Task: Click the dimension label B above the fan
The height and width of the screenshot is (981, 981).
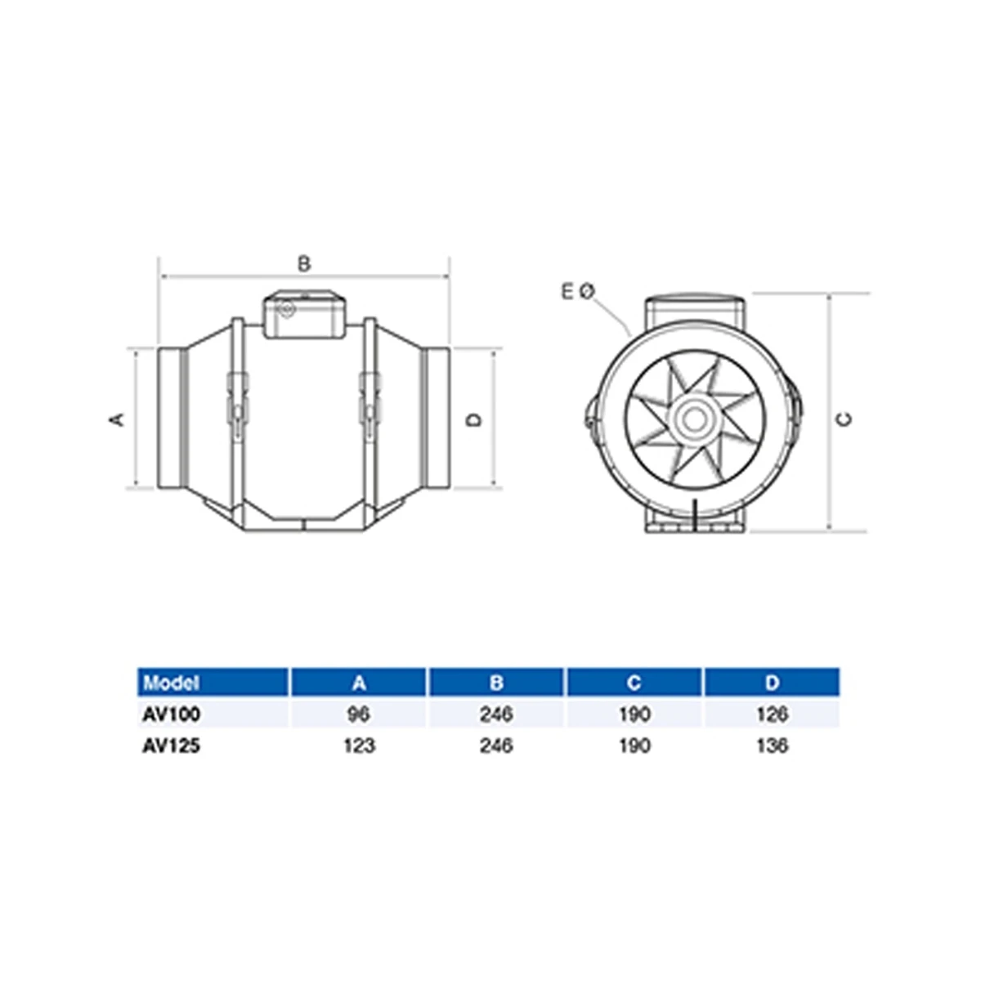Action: click(x=304, y=264)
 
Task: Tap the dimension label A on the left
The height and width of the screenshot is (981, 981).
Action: click(x=117, y=419)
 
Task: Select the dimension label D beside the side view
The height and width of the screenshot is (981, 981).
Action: click(x=474, y=419)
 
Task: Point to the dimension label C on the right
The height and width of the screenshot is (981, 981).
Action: click(x=845, y=419)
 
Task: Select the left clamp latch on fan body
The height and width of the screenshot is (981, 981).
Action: click(x=235, y=399)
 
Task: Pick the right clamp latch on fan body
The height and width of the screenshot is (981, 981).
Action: click(x=370, y=399)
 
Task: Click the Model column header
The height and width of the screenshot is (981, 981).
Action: click(x=171, y=683)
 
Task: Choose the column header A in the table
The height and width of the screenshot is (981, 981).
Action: click(x=359, y=683)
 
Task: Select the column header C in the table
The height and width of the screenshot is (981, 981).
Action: click(x=634, y=683)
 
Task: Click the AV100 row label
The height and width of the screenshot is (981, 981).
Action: click(x=171, y=714)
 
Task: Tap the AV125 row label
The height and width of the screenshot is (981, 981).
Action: click(x=171, y=746)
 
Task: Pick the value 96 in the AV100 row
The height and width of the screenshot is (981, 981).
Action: click(x=359, y=714)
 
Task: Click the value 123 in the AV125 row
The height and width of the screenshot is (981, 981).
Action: click(x=359, y=746)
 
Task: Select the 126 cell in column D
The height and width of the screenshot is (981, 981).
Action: click(x=773, y=714)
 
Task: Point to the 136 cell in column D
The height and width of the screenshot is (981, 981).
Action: click(x=773, y=746)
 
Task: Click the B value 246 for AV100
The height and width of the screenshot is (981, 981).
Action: click(x=496, y=714)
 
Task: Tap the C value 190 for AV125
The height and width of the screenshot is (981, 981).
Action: click(x=634, y=746)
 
